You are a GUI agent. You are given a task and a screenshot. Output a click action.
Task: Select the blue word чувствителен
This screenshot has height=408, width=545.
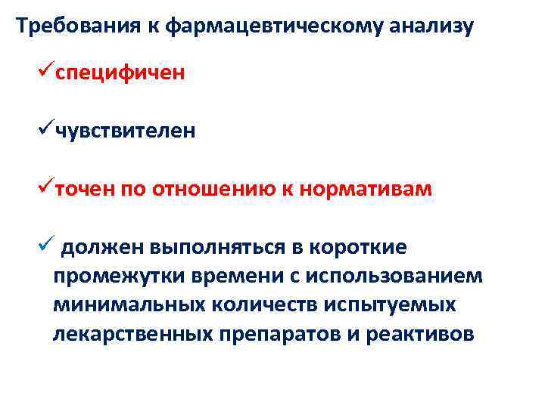pos(124,131)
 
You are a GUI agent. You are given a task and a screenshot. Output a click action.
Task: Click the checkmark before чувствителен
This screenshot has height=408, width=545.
pos(44,129)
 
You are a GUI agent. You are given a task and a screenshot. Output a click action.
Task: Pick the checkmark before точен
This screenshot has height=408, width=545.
pos(44,187)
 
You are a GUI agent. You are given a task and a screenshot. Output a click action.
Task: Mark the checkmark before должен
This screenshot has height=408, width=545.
pos(45,244)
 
